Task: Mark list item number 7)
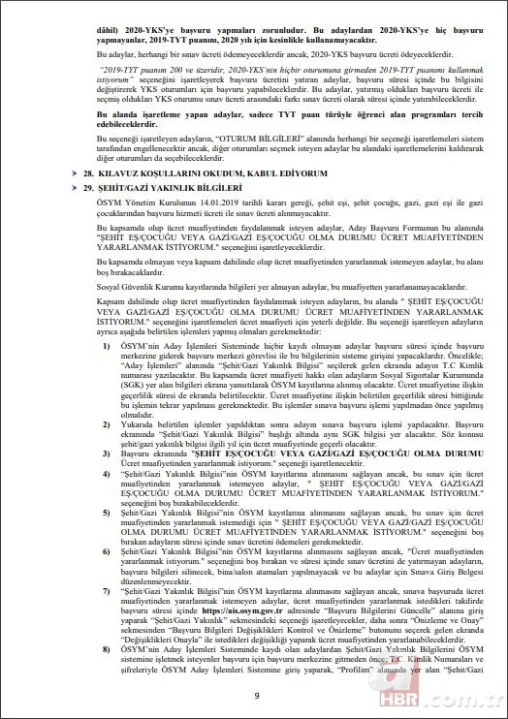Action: (x=107, y=588)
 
